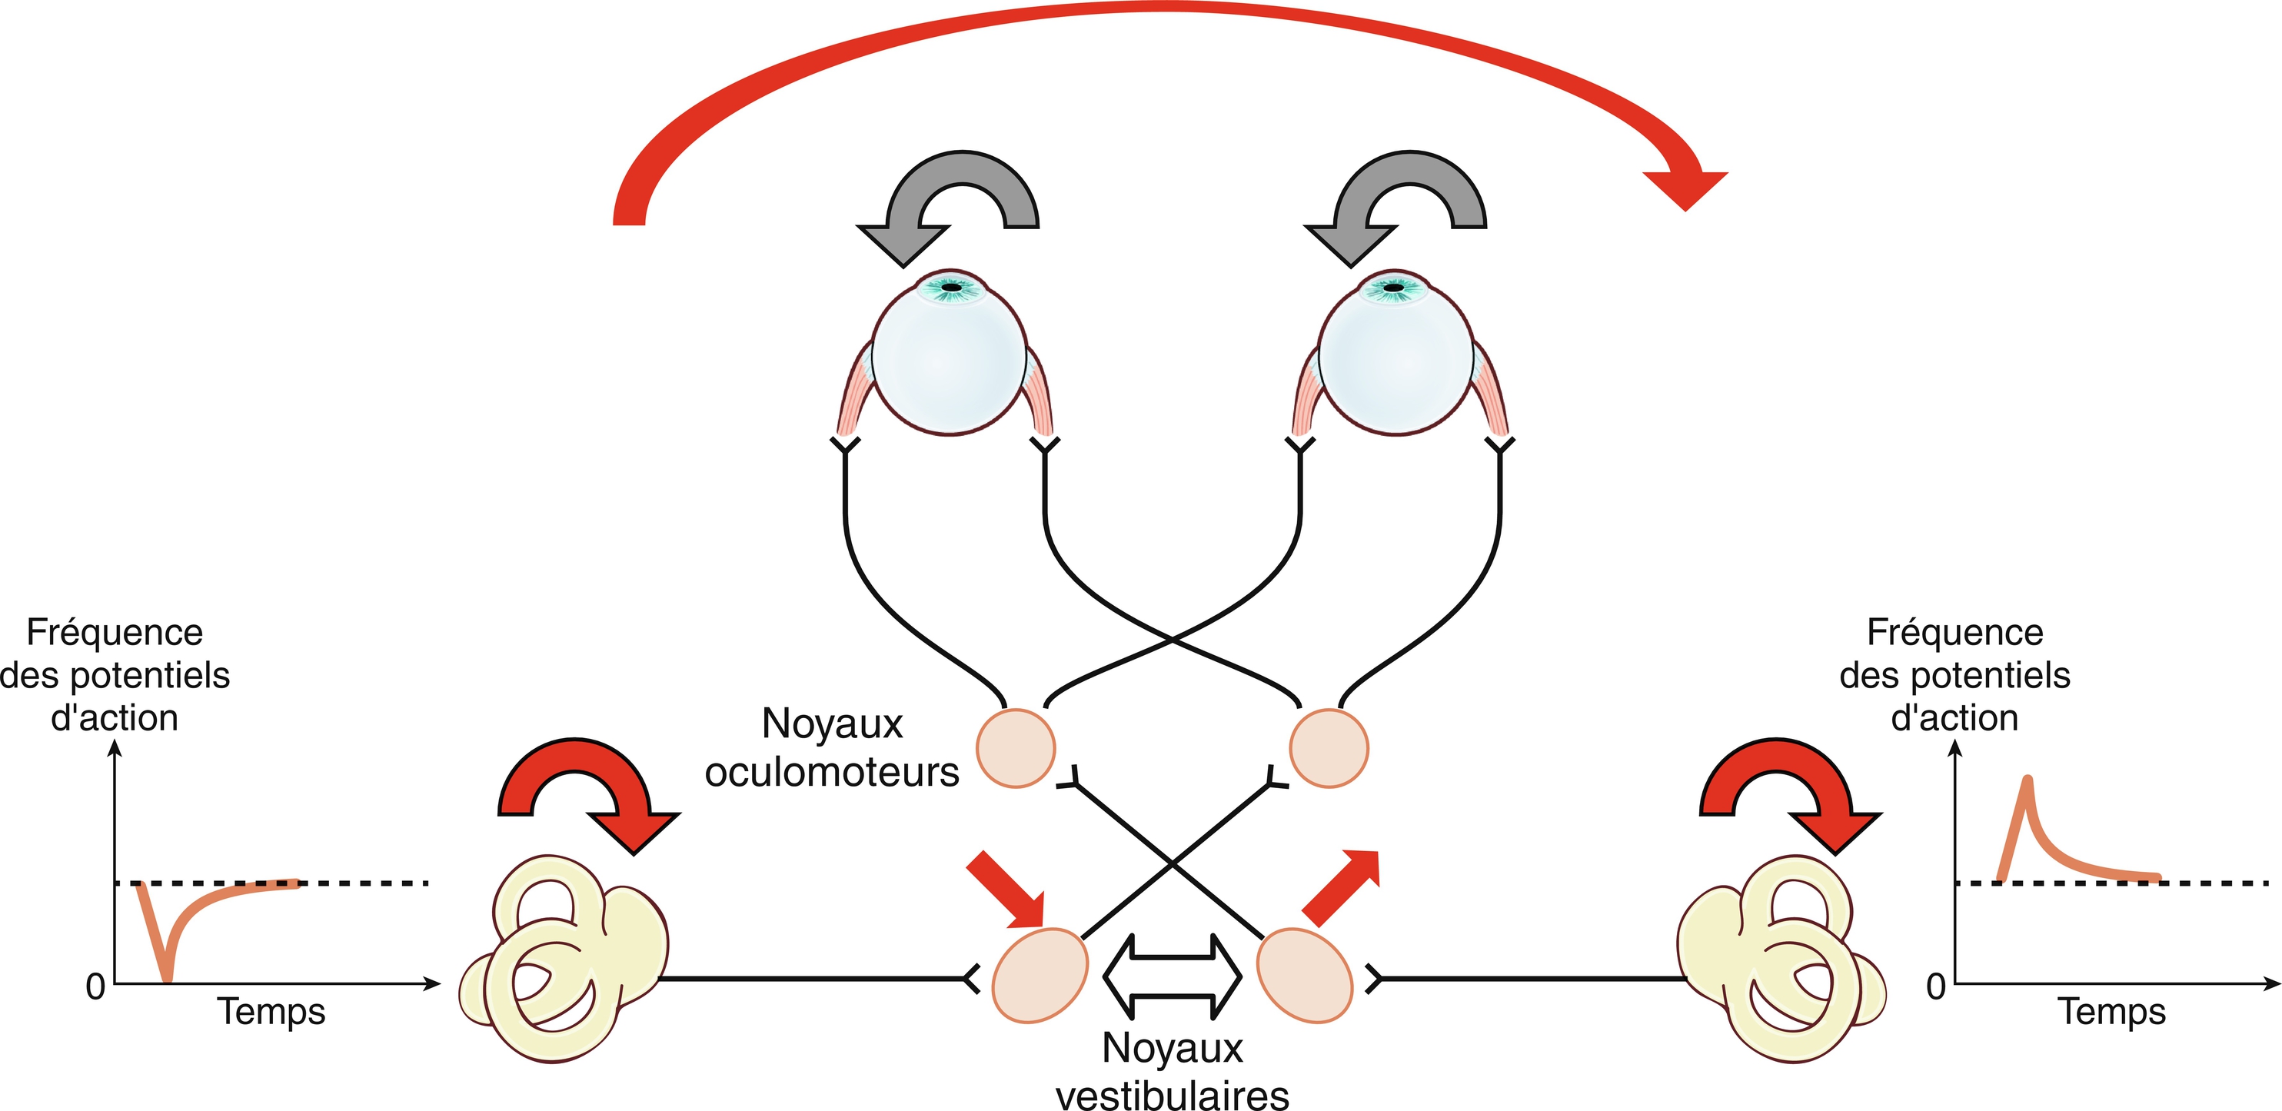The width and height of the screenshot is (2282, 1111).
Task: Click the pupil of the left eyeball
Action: [x=951, y=287]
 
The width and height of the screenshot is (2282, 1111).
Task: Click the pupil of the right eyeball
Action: [x=1393, y=287]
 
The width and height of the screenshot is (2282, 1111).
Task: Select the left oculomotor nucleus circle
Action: [x=1015, y=749]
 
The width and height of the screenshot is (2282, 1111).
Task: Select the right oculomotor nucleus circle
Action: [x=1328, y=749]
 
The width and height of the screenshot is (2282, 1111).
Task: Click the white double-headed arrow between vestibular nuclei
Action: [x=1172, y=976]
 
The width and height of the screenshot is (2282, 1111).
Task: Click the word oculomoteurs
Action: [x=832, y=773]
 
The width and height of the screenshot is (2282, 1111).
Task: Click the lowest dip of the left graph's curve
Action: [x=167, y=979]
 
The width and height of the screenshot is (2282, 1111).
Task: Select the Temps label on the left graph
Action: [x=272, y=1011]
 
